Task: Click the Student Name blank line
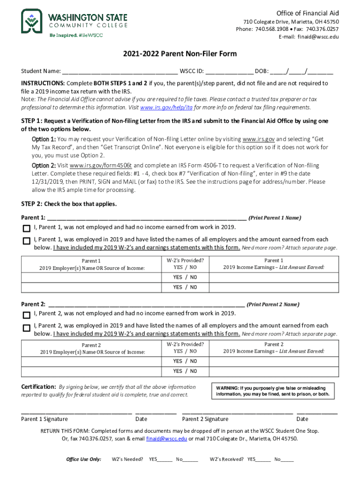[119, 72]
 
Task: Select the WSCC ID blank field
[229, 72]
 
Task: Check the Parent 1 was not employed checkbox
[26, 228]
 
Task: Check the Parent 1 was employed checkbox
[26, 240]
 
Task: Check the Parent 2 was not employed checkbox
[26, 314]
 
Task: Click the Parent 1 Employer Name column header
[92, 264]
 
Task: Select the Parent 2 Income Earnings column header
[274, 348]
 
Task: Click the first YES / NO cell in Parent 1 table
[185, 277]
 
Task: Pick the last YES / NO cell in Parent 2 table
[185, 371]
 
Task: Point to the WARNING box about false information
[274, 391]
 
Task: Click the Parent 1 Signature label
[44, 419]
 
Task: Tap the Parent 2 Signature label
[205, 419]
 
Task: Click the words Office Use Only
[84, 459]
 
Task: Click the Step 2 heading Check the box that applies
[69, 204]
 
